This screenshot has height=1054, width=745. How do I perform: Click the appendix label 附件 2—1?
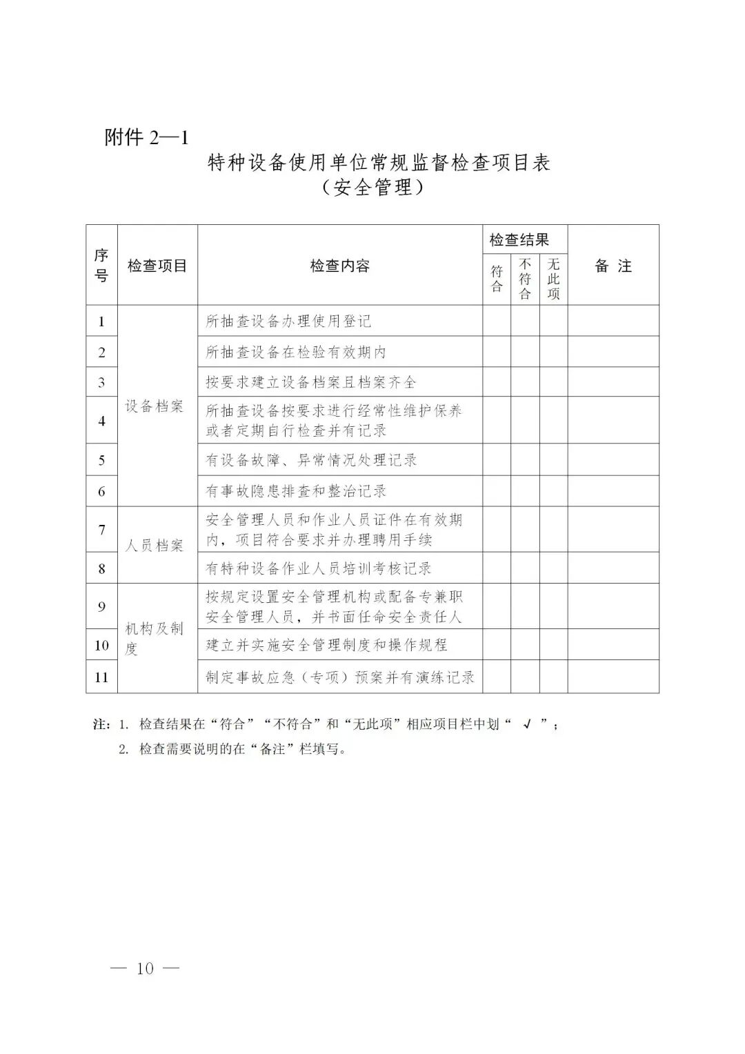click(x=146, y=137)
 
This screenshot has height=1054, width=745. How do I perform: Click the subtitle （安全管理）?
click(x=372, y=187)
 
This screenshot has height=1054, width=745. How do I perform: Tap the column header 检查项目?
click(x=157, y=266)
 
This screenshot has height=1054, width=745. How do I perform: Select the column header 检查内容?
click(x=340, y=266)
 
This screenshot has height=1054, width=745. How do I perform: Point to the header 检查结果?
click(x=519, y=240)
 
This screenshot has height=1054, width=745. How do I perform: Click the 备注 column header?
click(x=613, y=266)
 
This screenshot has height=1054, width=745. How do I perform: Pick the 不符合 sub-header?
click(x=525, y=279)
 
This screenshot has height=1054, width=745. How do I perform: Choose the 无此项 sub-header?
click(x=553, y=279)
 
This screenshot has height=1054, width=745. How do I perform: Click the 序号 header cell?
click(x=101, y=266)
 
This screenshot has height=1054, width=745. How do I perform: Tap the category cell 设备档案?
click(x=155, y=406)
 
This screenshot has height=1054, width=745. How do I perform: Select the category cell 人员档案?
click(x=155, y=546)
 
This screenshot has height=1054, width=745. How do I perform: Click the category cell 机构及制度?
click(x=155, y=638)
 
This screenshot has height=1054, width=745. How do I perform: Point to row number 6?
click(x=101, y=491)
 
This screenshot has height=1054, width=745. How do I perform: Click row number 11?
click(x=101, y=677)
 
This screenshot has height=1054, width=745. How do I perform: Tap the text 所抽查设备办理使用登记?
click(x=288, y=321)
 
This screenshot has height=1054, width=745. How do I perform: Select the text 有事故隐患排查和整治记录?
click(x=296, y=491)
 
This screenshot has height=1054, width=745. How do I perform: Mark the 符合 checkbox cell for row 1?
click(x=497, y=321)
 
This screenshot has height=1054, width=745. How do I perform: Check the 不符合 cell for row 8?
click(x=525, y=568)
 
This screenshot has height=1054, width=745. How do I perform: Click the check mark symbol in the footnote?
click(x=526, y=724)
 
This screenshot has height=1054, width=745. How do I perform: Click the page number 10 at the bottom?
click(x=145, y=968)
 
